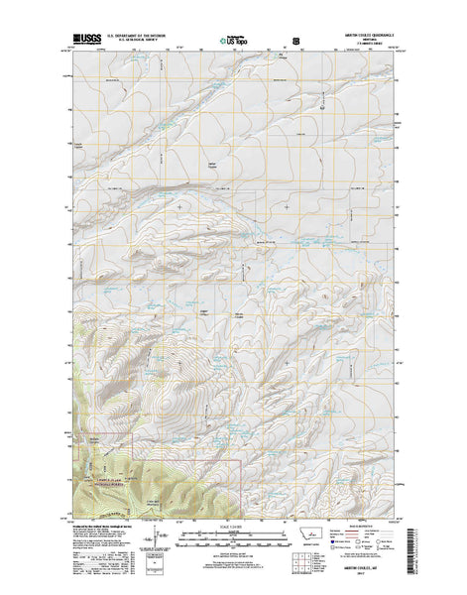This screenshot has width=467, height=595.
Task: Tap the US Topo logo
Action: pos(235,42)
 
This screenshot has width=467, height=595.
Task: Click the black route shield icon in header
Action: pos(294,42)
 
